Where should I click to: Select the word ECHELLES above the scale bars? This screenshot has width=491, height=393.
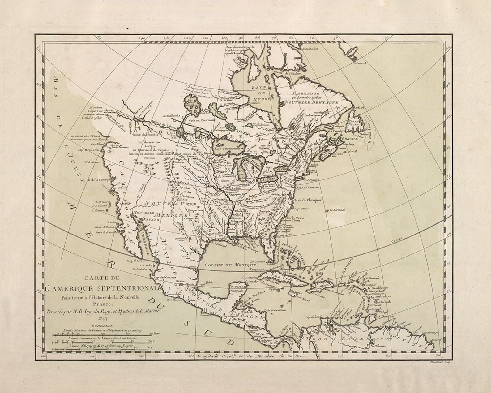click(x=103, y=325)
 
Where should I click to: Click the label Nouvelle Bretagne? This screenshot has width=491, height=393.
click(x=312, y=102)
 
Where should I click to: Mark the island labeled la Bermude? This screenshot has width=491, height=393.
click(x=337, y=210)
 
